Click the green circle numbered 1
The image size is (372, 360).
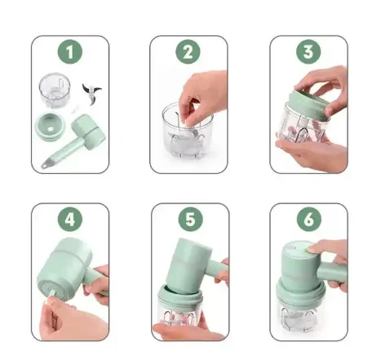click(x=70, y=53)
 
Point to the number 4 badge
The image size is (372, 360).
click(x=70, y=220)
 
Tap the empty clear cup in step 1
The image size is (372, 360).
click(x=52, y=89)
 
